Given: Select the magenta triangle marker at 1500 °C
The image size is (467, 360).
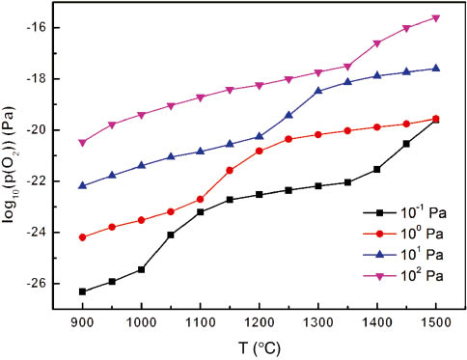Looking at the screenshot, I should point(436,17).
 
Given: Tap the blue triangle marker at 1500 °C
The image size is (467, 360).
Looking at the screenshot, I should point(436,68).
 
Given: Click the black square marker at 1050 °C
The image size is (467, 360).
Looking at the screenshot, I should point(171,235).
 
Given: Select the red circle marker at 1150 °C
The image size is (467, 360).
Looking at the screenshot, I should point(230,170).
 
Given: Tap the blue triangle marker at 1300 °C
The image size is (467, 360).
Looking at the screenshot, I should point(318,90).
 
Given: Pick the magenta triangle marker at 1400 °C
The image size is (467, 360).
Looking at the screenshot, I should point(377,42).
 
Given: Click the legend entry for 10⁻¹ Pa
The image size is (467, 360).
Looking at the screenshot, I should point(390,209).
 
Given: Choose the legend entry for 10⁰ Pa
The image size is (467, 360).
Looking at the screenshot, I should point(390,232).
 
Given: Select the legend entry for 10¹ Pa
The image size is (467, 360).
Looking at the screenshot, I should point(390,254).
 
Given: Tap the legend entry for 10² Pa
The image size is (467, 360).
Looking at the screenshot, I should point(390,276).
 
